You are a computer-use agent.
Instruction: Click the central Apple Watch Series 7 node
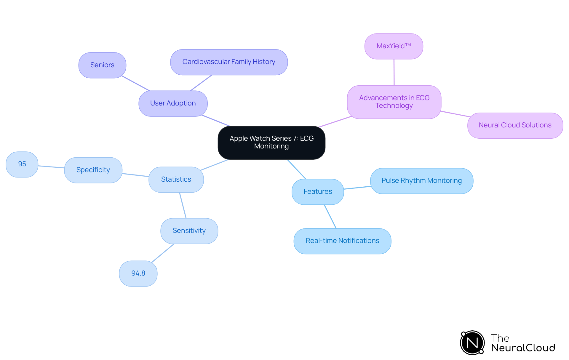pyautogui.click(x=271, y=143)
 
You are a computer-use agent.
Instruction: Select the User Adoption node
pyautogui.click(x=173, y=103)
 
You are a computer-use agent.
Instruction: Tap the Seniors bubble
pyautogui.click(x=102, y=65)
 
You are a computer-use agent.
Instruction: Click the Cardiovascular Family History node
pyautogui.click(x=229, y=62)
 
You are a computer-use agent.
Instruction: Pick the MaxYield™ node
pyautogui.click(x=394, y=46)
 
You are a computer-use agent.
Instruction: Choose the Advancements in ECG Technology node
pyautogui.click(x=394, y=102)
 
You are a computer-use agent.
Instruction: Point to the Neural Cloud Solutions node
pyautogui.click(x=515, y=125)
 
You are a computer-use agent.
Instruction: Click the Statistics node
pyautogui.click(x=176, y=180)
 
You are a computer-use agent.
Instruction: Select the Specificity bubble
pyautogui.click(x=93, y=170)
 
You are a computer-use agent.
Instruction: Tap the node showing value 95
pyautogui.click(x=22, y=164)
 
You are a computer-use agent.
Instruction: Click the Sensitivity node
pyautogui.click(x=189, y=231)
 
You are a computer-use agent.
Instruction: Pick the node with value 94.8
pyautogui.click(x=138, y=273)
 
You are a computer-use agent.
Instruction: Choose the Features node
pyautogui.click(x=318, y=192)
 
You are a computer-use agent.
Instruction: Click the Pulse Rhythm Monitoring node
pyautogui.click(x=421, y=181)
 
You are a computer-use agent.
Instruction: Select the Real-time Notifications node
pyautogui.click(x=342, y=241)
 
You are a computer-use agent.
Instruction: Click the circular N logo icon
pyautogui.click(x=472, y=343)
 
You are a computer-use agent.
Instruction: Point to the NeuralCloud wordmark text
pyautogui.click(x=523, y=348)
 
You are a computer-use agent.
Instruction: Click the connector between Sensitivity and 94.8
pyautogui.click(x=163, y=253)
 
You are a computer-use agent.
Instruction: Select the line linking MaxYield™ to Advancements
pyautogui.click(x=394, y=72)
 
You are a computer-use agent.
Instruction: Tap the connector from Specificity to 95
pyautogui.click(x=51, y=167)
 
